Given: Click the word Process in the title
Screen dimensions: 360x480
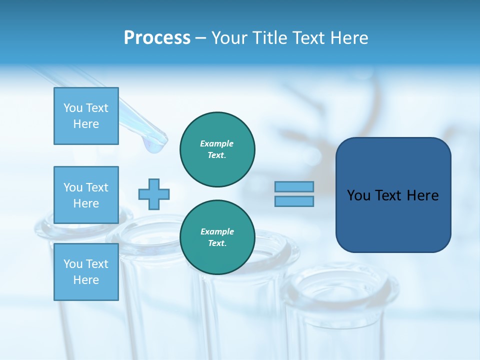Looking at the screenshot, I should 157,38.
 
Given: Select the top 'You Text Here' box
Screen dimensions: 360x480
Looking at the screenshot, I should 86,116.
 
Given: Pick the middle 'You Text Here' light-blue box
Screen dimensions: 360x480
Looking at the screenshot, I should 86,195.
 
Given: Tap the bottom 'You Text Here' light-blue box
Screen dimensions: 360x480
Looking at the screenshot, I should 86,271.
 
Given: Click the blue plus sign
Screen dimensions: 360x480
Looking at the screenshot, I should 154,194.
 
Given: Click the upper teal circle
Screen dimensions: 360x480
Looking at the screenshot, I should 217,149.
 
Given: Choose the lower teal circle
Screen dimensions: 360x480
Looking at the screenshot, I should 217,237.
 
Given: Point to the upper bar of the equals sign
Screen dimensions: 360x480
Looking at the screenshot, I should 294,186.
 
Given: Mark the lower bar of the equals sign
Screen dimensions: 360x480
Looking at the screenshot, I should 294,201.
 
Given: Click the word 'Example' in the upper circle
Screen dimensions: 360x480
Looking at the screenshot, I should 217,143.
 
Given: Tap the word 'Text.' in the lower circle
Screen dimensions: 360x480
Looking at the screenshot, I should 217,243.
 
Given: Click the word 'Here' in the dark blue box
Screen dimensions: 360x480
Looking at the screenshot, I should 422,195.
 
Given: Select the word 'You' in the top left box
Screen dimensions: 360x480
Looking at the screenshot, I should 73,108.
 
